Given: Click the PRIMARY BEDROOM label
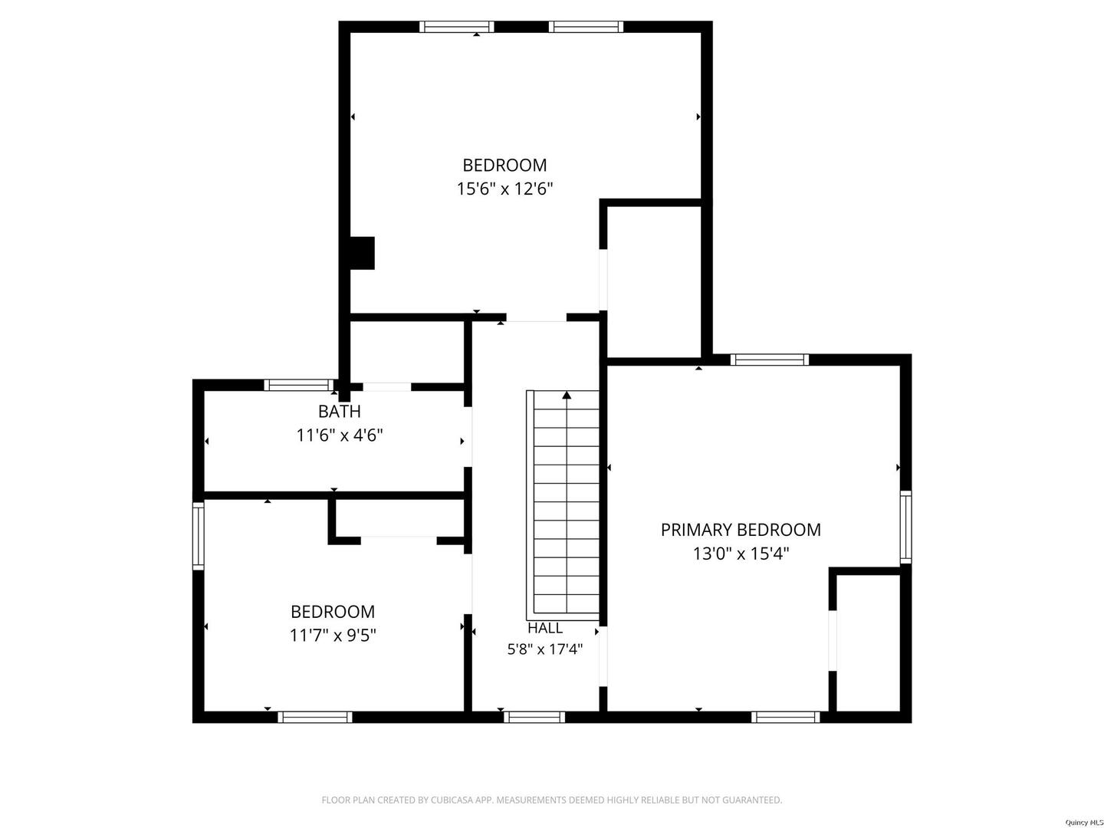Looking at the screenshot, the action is [x=741, y=530].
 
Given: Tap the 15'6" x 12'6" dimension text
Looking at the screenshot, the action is [x=504, y=189].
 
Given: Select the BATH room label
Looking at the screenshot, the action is [x=340, y=411].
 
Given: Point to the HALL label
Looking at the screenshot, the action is [x=544, y=628].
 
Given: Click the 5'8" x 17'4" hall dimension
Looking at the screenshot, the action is [x=544, y=649].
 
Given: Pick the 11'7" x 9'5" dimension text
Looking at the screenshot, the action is [x=333, y=636].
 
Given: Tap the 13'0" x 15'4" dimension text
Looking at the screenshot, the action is [x=741, y=554].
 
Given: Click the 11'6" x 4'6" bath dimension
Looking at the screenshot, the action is [x=340, y=435].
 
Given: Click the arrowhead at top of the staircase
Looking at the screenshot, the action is [x=567, y=395].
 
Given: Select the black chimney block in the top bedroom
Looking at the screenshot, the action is [x=362, y=253].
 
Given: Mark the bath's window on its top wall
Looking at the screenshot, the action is [x=300, y=385].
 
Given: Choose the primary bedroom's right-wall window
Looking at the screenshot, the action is [x=905, y=527].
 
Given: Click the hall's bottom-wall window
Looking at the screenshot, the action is [x=534, y=717].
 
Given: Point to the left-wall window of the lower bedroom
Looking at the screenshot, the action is [x=198, y=536].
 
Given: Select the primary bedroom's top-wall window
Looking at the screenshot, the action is [x=770, y=360].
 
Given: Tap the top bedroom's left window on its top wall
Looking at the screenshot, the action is [x=457, y=27].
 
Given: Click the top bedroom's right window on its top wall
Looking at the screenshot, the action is [x=586, y=27].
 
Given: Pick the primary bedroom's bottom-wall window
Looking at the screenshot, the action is [x=786, y=717].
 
